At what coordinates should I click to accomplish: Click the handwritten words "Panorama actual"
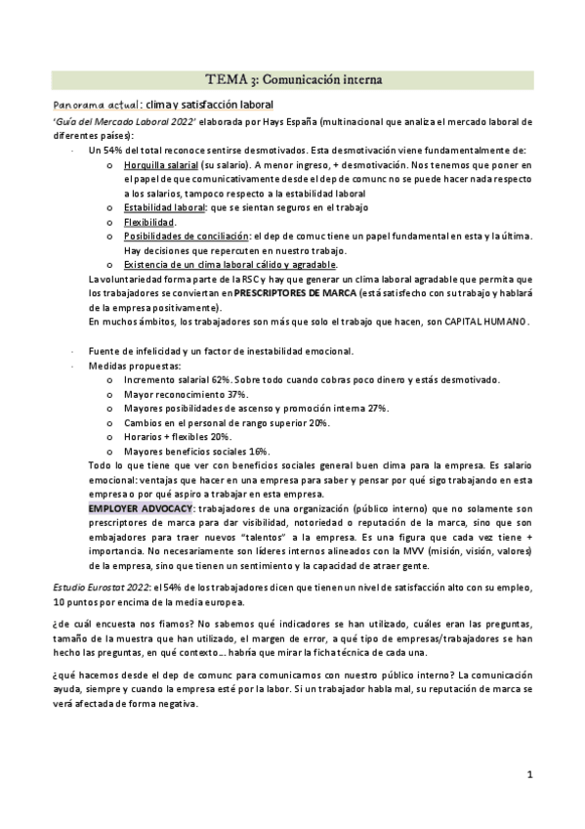(95, 105)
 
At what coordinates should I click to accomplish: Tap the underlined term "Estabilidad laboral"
(163, 208)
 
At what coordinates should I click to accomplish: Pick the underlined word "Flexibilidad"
(148, 222)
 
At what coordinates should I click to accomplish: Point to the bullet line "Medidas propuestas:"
(128, 366)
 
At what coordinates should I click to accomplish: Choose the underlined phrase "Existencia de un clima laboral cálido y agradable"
(230, 265)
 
